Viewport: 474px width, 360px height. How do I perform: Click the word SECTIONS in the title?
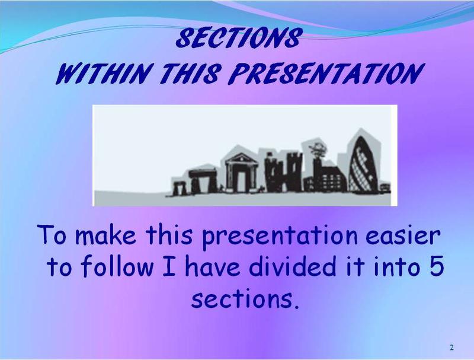[x=239, y=38]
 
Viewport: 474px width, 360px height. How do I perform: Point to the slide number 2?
[x=451, y=348]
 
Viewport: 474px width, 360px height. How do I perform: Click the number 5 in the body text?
[x=437, y=266]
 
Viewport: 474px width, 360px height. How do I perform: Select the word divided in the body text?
[x=293, y=266]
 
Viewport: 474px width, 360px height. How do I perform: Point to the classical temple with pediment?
[x=241, y=173]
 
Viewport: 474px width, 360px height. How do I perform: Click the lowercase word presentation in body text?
[x=280, y=236]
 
